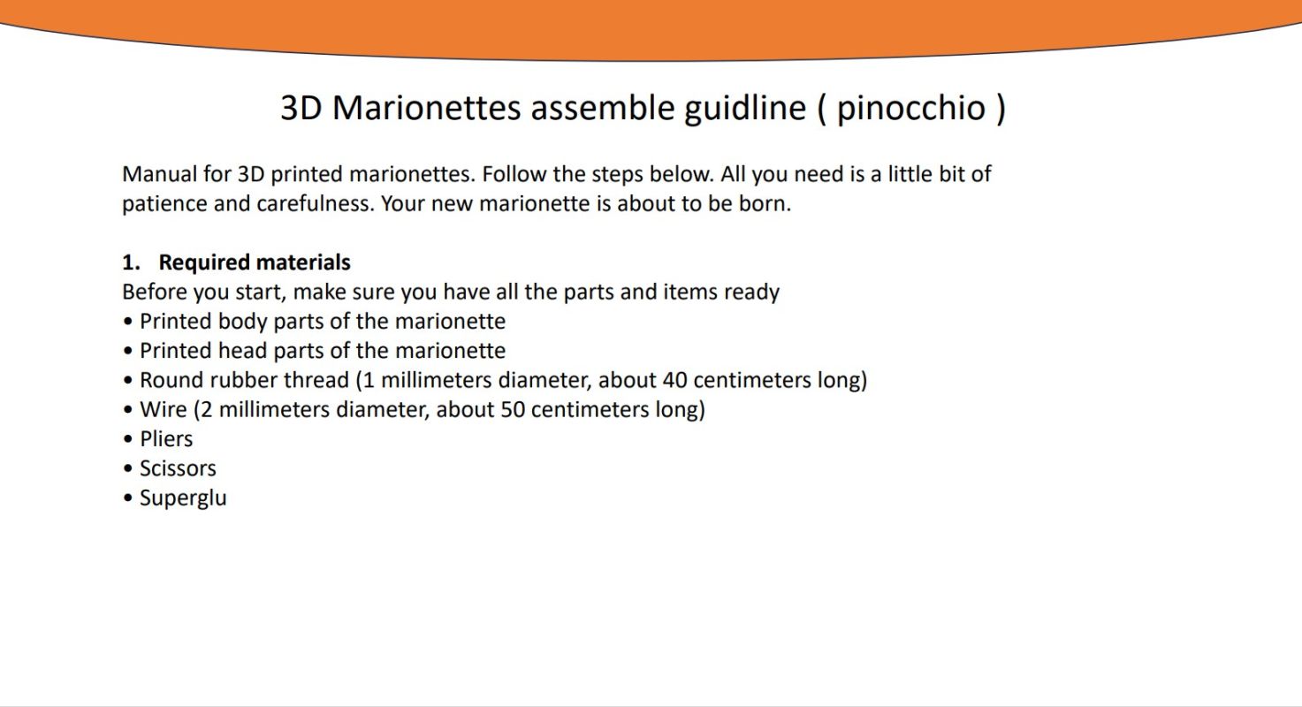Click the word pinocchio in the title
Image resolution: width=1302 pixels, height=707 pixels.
coord(911,108)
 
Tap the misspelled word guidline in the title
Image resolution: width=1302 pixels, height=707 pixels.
coord(745,108)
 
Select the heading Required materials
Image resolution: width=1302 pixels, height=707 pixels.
coord(255,262)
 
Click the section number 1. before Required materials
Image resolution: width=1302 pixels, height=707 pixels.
coord(131,262)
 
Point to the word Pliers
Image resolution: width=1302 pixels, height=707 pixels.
coord(166,438)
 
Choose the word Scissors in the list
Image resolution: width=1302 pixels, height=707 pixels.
coord(178,468)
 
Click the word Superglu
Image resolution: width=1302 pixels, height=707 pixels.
coord(183,498)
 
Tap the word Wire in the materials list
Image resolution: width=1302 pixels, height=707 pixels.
coord(164,409)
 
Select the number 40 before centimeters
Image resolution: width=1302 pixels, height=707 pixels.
coord(674,380)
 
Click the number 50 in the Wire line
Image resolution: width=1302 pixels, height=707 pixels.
coord(513,409)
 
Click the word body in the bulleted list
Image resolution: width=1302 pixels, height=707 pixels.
coord(242,322)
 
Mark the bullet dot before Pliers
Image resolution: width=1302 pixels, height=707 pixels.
coord(128,439)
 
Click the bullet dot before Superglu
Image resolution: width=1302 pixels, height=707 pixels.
coord(128,498)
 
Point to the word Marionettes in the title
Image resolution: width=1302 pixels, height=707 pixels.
coord(426,108)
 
